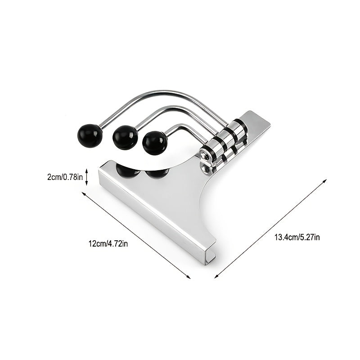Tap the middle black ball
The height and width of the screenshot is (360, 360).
point(125,138)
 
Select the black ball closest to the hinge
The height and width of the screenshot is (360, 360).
point(154,141)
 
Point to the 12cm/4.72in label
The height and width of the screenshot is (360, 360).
point(108,244)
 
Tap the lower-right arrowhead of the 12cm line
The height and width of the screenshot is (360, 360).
point(188,276)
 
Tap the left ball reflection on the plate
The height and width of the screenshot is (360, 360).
point(128,171)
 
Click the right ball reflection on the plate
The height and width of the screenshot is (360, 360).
point(157,172)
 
